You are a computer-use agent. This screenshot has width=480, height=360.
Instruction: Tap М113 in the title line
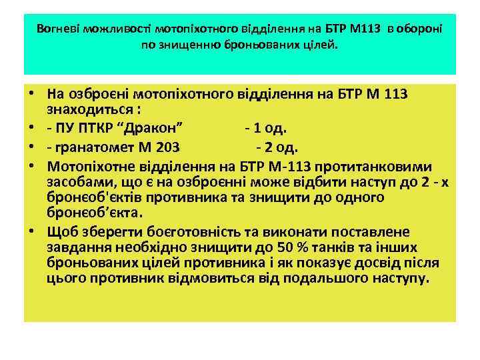(365, 29)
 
